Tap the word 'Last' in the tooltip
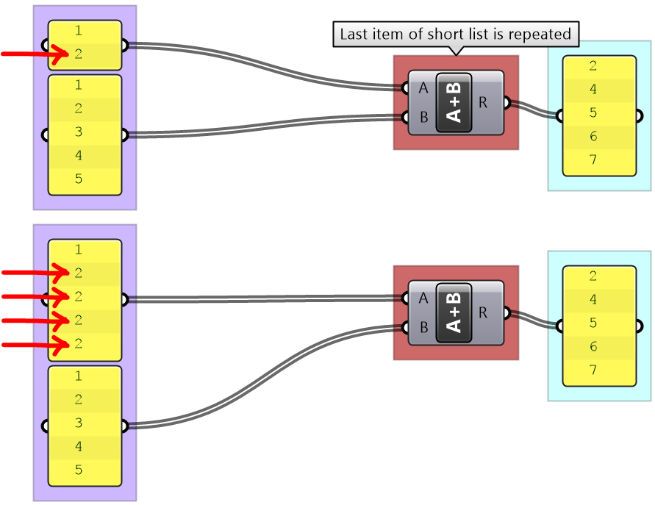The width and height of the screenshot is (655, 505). [x=353, y=34]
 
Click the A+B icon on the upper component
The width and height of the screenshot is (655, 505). [x=454, y=102]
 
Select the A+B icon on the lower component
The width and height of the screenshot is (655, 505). [x=454, y=312]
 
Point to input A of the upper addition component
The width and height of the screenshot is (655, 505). [x=423, y=88]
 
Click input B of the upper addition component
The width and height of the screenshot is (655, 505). [x=423, y=117]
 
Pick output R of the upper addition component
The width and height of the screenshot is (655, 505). [x=483, y=102]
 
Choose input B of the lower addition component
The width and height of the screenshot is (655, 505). [x=423, y=327]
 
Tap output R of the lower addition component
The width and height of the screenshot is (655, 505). [x=483, y=312]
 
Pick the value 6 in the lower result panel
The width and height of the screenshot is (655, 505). [x=593, y=347]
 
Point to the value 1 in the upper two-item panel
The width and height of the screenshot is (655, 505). [x=78, y=31]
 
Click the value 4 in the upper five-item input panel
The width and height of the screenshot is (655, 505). [x=78, y=156]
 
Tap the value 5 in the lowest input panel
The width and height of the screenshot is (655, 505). [x=78, y=470]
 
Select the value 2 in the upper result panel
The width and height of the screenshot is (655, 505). [x=593, y=66]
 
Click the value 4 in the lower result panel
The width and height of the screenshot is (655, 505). [x=593, y=300]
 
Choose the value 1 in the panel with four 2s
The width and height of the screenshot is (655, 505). [x=78, y=250]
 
